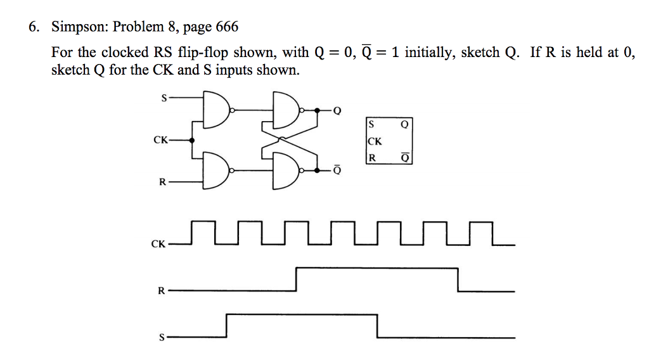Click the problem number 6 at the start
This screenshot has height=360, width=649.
[x=33, y=27]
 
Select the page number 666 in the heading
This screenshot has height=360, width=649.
[x=227, y=27]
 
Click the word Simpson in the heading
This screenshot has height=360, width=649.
[x=74, y=27]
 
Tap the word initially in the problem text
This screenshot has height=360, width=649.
[x=430, y=53]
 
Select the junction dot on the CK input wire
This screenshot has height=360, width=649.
[x=192, y=140]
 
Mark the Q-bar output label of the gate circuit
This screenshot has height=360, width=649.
[x=337, y=170]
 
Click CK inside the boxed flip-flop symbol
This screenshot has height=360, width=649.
[x=374, y=142]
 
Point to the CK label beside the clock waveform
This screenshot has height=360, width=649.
[x=158, y=244]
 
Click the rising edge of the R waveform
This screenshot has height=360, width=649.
[x=297, y=280]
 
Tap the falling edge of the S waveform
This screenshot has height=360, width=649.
[x=377, y=326]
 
